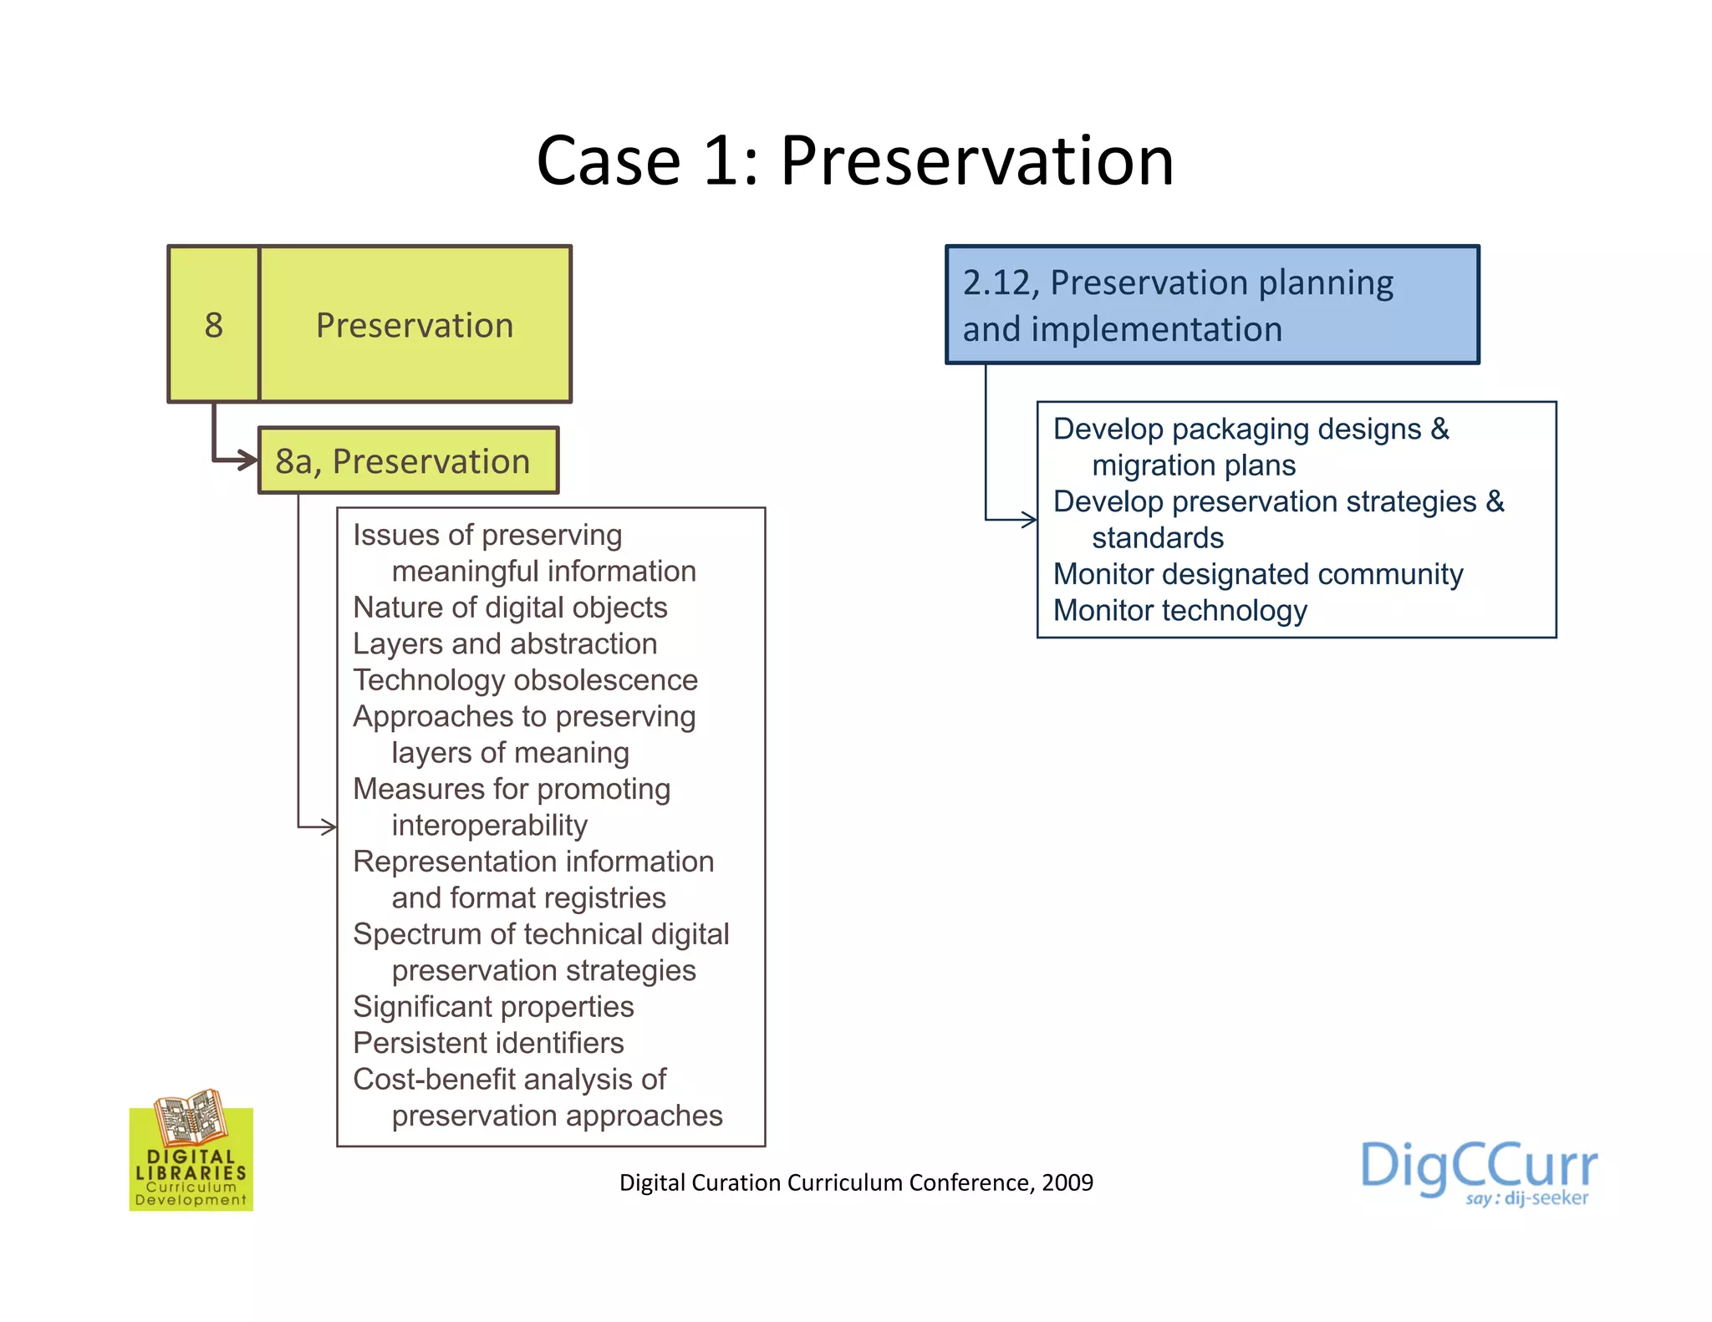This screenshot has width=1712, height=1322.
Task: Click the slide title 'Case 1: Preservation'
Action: (x=854, y=160)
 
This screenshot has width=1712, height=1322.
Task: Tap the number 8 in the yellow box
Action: (x=214, y=325)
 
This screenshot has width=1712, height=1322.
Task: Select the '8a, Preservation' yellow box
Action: (x=408, y=461)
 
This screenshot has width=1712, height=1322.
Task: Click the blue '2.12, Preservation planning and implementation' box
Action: (x=1211, y=305)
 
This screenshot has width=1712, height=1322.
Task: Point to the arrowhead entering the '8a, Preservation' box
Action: (x=247, y=460)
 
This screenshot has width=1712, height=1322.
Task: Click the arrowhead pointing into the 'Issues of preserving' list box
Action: (x=329, y=827)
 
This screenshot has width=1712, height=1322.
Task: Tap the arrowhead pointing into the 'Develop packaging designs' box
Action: (x=1029, y=520)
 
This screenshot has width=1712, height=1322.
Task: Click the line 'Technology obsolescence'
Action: (x=525, y=680)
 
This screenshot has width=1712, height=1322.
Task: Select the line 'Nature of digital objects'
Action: (x=510, y=608)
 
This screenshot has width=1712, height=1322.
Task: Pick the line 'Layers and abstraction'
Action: (x=505, y=644)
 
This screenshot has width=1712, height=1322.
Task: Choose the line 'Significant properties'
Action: (x=493, y=1007)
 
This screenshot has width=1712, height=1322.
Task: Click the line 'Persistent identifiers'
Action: (x=488, y=1044)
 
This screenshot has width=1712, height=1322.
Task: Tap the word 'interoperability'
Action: (x=489, y=826)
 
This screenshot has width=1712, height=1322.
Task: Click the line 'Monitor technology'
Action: (x=1180, y=611)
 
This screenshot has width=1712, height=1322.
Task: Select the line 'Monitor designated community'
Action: (x=1258, y=575)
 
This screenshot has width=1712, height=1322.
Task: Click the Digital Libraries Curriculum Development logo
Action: (x=191, y=1151)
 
